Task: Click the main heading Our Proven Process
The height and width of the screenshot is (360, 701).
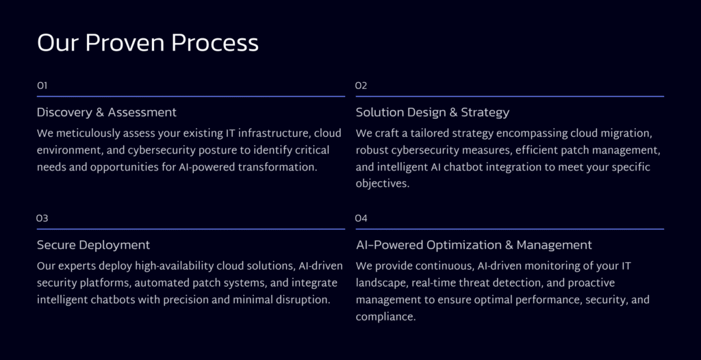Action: click(148, 44)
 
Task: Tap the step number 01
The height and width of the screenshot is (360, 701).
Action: click(42, 86)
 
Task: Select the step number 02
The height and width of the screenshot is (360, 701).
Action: click(361, 86)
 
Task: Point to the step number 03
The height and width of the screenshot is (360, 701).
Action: click(42, 218)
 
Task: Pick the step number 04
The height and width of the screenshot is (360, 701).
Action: click(361, 218)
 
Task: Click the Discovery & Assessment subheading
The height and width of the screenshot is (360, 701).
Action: click(107, 112)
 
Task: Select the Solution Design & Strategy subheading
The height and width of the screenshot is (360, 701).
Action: click(433, 112)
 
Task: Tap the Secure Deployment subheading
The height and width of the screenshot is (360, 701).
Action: click(93, 245)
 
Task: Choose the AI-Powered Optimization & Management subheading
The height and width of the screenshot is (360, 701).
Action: click(474, 245)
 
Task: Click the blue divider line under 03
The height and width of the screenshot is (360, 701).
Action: click(191, 229)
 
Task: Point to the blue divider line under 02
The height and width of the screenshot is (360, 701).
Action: click(509, 96)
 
